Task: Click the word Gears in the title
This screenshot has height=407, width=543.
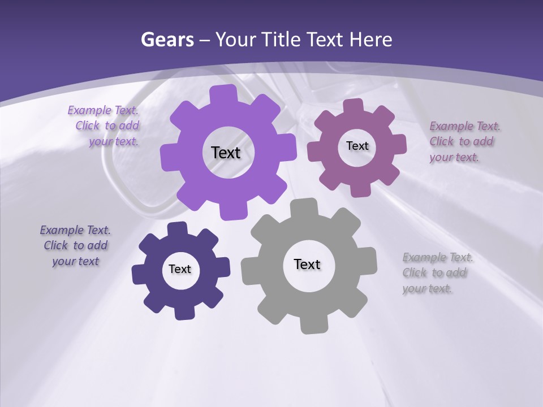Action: pyautogui.click(x=167, y=40)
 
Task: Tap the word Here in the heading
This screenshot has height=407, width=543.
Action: pyautogui.click(x=371, y=40)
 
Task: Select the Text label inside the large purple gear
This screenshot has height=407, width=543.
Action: pyautogui.click(x=226, y=153)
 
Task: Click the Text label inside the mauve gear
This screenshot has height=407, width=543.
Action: pyautogui.click(x=357, y=146)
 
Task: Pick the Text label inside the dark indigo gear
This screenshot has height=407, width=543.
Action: pyautogui.click(x=180, y=269)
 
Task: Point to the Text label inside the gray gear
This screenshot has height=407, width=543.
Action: pyautogui.click(x=307, y=264)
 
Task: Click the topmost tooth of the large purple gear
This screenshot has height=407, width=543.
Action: pyautogui.click(x=223, y=94)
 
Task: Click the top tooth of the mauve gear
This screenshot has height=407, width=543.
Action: pyautogui.click(x=354, y=106)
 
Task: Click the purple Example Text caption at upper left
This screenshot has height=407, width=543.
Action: pyautogui.click(x=105, y=126)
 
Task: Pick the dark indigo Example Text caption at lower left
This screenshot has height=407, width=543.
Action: pyautogui.click(x=75, y=245)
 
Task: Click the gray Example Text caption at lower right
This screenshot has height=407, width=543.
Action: pyautogui.click(x=437, y=273)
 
